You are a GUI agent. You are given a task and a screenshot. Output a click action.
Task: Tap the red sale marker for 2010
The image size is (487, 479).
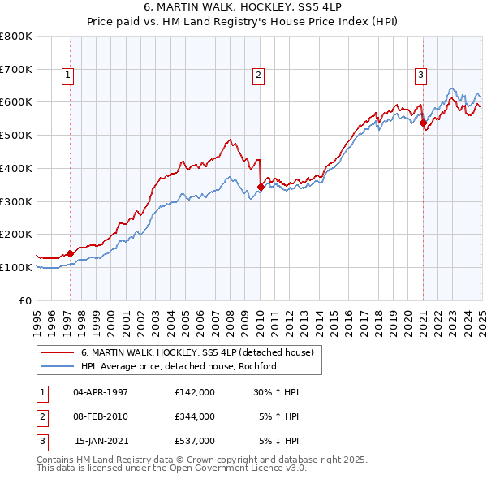pos(261,187)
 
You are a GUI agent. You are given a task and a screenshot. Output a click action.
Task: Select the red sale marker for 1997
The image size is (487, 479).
pos(71,253)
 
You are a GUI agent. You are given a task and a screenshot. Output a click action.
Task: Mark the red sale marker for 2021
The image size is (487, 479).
pos(423,123)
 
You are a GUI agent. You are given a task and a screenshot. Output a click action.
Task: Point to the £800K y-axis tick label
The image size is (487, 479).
pos(16,37)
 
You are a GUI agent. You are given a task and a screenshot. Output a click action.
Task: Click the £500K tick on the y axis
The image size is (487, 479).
pos(16,135)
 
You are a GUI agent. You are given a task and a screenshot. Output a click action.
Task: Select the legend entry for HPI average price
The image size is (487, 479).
pos(179,366)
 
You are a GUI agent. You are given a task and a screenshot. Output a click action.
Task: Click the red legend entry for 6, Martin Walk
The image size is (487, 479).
pos(202,352)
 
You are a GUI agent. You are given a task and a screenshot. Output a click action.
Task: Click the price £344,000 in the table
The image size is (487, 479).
pos(195,416)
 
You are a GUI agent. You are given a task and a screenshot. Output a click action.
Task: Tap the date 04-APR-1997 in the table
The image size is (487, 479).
pos(101,391)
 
